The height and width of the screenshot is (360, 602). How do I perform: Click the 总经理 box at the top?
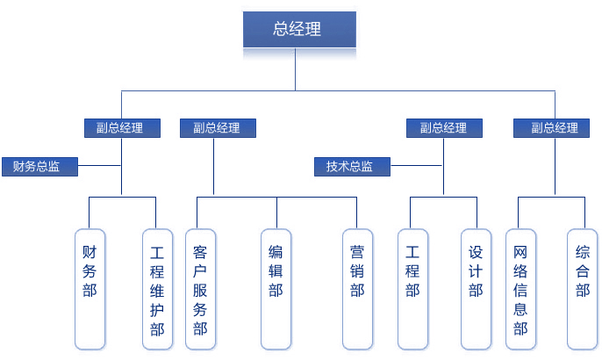pos(299,29)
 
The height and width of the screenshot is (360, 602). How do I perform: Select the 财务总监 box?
pos(39,166)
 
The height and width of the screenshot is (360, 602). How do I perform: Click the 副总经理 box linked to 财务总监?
pos(123,127)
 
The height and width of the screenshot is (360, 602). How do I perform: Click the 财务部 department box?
pos(90,288)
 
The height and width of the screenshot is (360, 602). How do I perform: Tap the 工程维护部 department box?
pos(157,288)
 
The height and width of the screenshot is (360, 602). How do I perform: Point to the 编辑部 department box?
pos(276,288)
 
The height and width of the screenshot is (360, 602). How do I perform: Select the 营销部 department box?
pos(358,288)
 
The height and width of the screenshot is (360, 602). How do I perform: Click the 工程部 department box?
pos(412,288)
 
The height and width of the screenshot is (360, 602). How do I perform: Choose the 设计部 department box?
pos(477,288)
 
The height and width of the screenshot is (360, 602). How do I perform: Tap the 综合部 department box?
pos(584,288)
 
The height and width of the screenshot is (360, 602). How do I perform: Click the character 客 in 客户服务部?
pos(199,249)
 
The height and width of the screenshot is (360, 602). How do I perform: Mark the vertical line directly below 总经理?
pos(296,68)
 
